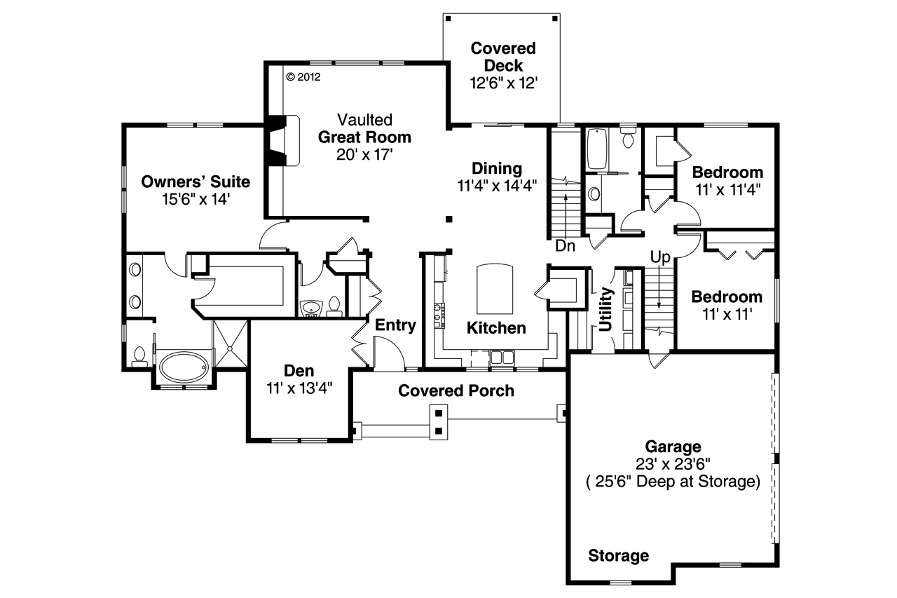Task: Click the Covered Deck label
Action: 503,57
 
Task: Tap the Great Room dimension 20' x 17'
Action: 364,154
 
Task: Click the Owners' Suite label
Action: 196,182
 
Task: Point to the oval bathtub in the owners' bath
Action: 183,367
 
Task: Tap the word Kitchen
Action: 496,328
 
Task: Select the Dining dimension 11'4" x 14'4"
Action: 497,186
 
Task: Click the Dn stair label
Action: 566,247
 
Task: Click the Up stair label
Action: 661,257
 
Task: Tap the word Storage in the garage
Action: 618,556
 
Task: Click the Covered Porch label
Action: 456,390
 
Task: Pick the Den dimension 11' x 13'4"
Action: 299,386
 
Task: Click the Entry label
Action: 396,325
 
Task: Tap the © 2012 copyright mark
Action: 303,77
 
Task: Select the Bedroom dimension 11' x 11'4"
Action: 727,189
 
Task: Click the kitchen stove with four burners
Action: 440,315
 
